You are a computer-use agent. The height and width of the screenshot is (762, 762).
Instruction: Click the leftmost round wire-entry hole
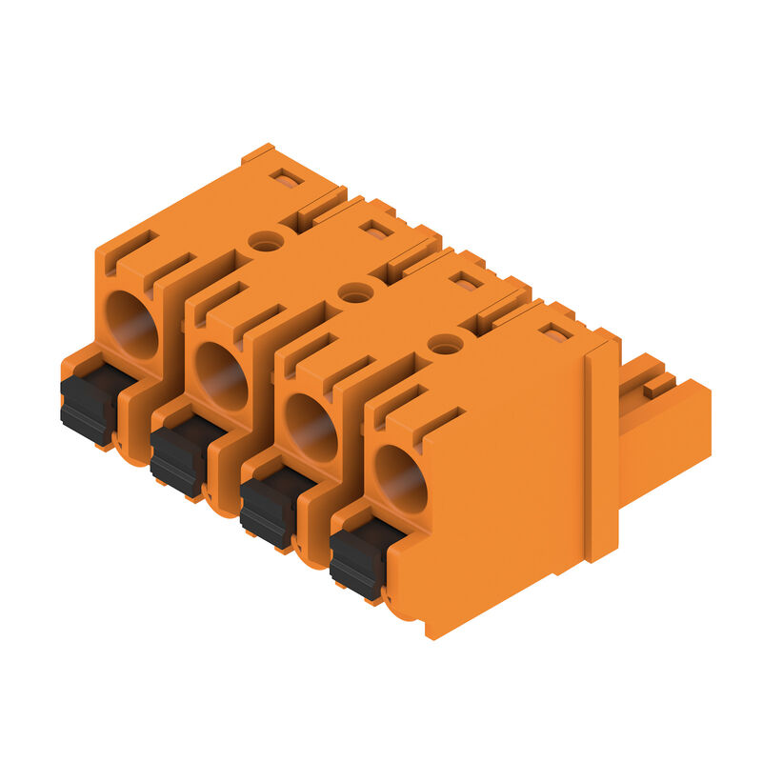coord(131,324)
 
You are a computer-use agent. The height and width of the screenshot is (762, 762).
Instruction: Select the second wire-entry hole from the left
coord(222,375)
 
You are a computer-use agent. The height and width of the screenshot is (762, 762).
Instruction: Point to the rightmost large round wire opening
coord(400,479)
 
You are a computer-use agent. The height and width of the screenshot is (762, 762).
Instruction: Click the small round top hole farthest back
coord(266,242)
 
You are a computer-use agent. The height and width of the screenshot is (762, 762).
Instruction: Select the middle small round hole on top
coord(355,293)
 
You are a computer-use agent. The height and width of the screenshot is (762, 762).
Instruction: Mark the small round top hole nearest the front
coord(445,345)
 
